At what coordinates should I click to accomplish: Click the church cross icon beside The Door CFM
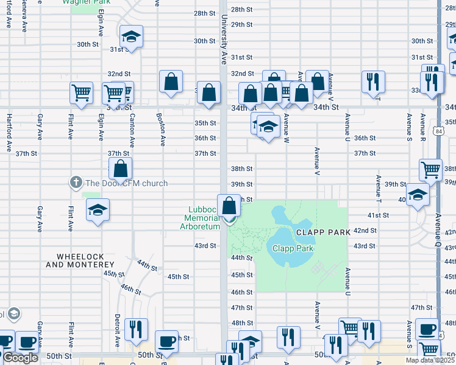76,182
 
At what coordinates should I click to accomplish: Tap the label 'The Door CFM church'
126,183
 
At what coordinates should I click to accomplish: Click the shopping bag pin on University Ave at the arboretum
229,207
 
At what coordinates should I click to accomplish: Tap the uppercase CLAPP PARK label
324,232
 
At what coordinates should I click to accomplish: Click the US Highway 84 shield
439,131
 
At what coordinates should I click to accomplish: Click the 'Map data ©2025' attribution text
430,360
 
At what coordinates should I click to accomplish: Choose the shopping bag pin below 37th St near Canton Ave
121,170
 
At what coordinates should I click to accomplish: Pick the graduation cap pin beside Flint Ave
97,211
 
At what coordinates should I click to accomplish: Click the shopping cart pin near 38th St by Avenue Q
430,171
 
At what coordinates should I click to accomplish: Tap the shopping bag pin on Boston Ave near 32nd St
171,82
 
